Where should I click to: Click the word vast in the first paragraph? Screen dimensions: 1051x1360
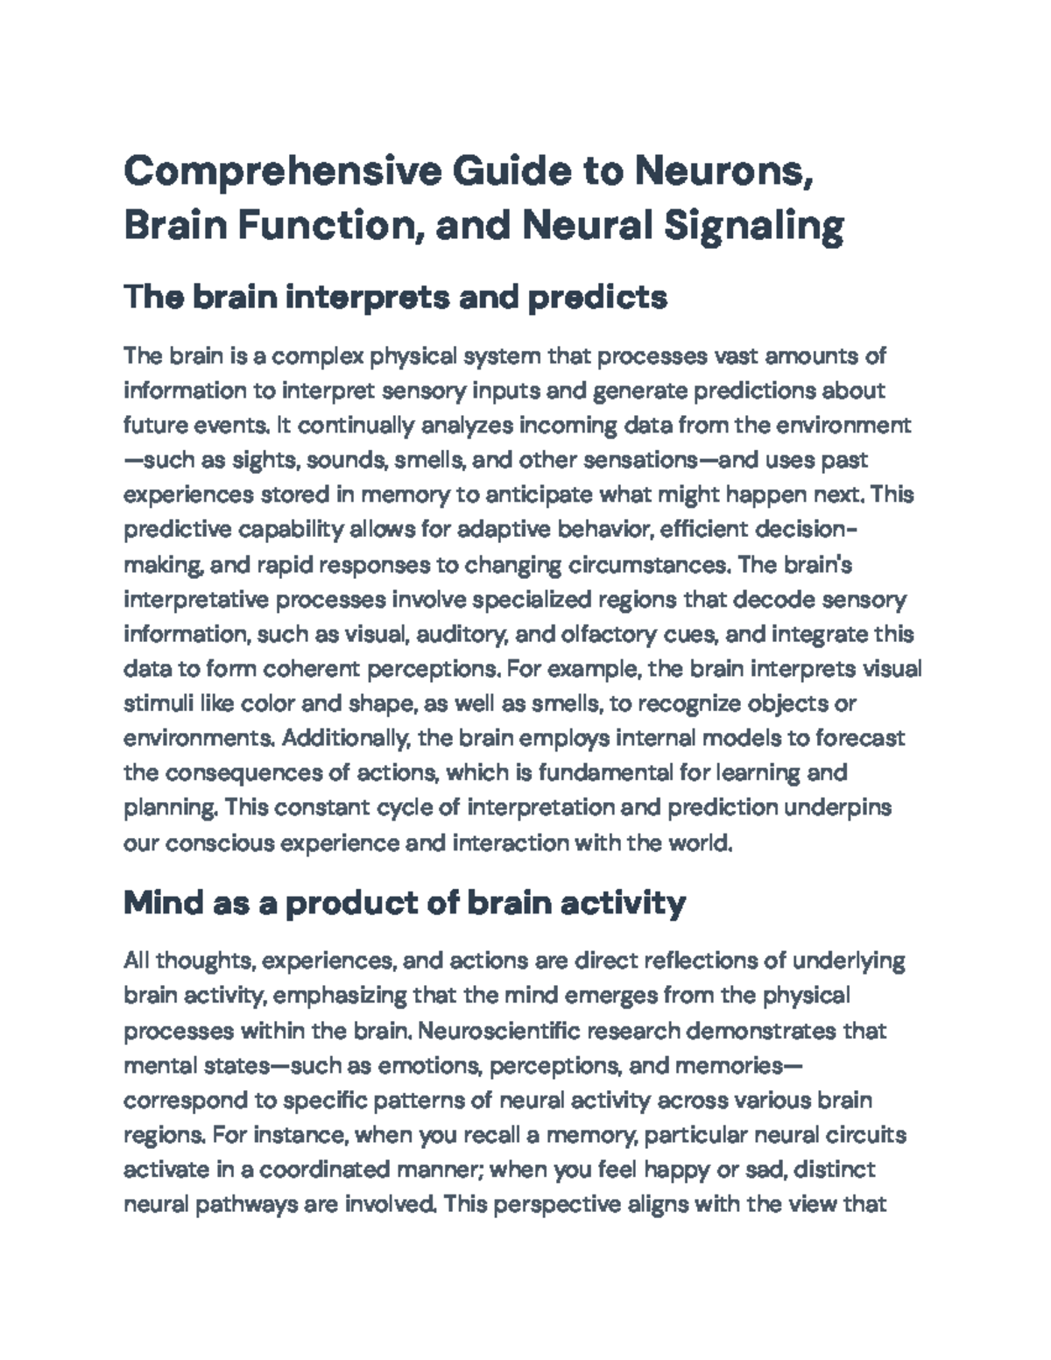click(737, 356)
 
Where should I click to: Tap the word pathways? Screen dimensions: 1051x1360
click(236, 1205)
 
